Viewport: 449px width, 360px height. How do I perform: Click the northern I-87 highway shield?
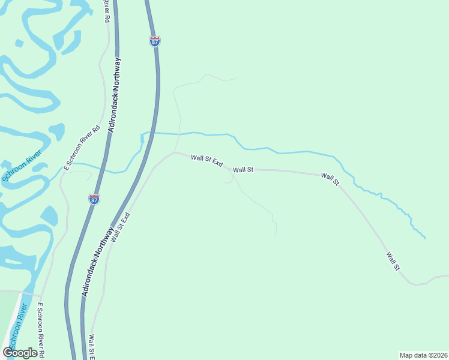click(154, 41)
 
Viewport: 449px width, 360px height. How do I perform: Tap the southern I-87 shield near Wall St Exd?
click(94, 199)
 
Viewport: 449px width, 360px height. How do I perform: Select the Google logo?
click(20, 352)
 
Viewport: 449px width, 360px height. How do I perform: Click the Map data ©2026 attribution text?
click(423, 355)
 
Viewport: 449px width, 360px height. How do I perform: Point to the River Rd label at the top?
click(106, 11)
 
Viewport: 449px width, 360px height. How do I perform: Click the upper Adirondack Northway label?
click(114, 95)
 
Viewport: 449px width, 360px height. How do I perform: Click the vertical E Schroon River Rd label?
click(41, 329)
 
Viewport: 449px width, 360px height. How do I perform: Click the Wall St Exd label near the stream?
click(206, 161)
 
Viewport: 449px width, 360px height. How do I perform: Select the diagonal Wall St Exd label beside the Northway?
click(120, 227)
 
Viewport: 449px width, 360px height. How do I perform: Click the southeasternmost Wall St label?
click(393, 261)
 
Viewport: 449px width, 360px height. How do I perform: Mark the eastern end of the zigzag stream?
click(425, 238)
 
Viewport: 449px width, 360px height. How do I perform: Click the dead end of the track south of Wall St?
click(276, 235)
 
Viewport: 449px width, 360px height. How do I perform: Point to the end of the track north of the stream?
click(236, 79)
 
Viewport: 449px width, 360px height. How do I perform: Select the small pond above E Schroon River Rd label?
click(56, 131)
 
